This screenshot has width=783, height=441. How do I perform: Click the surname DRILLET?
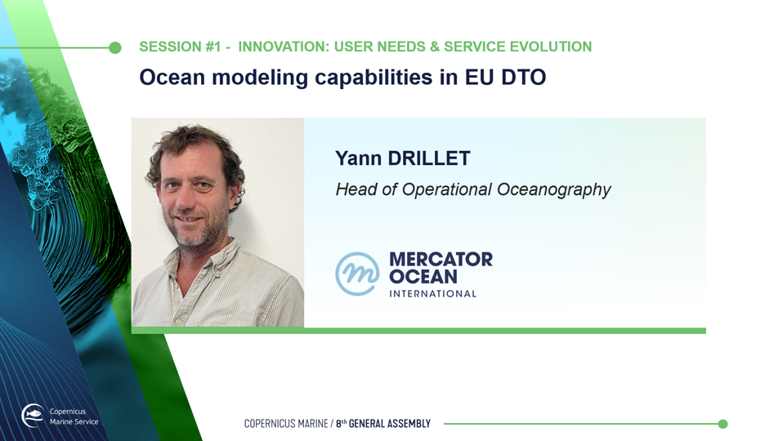[429, 158]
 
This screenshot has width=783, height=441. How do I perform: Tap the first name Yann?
[358, 158]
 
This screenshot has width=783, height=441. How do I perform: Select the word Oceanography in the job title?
[553, 190]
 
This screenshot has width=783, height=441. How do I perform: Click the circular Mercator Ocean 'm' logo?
[356, 274]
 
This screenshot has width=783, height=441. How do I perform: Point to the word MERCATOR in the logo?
[441, 260]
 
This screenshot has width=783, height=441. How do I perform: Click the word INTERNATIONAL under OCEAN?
[433, 294]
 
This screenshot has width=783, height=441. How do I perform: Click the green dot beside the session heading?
[115, 48]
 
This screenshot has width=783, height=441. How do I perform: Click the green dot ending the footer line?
[723, 424]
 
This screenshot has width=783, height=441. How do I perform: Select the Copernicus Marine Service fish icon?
[33, 416]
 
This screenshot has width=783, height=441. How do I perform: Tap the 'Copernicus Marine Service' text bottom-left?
[74, 416]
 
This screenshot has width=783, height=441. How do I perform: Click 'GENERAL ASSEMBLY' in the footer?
[390, 424]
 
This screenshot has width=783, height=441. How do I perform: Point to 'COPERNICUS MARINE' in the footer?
[286, 424]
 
